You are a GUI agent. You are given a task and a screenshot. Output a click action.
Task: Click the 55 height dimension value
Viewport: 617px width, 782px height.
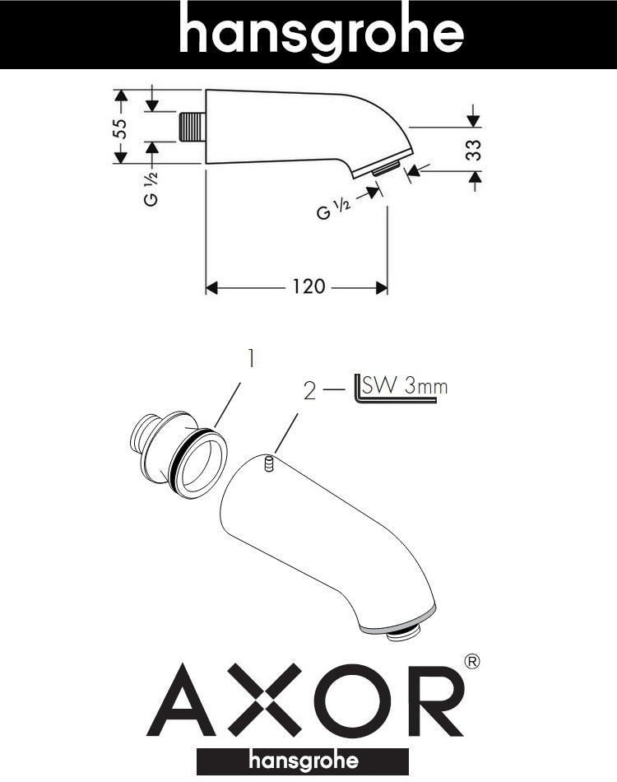tap(120, 128)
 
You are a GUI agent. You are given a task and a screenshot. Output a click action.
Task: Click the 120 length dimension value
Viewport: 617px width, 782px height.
tap(308, 286)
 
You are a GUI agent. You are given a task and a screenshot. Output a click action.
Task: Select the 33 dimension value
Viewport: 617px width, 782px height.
tap(474, 150)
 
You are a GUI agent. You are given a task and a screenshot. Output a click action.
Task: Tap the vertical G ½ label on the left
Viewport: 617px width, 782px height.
tap(151, 189)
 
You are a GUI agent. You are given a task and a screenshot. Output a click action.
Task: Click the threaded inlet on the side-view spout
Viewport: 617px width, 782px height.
tap(192, 127)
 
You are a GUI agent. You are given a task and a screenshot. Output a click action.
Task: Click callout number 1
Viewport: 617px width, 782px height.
tap(251, 358)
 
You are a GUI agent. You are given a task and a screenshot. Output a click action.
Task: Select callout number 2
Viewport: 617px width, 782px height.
tap(309, 391)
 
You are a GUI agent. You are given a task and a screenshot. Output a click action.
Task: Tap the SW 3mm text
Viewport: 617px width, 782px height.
tap(405, 385)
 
